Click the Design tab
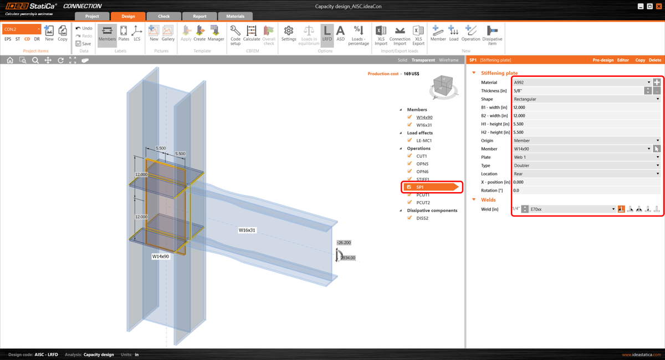128,16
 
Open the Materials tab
235,16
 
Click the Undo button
84,28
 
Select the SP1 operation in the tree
420,187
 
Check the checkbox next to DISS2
410,218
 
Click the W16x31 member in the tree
424,125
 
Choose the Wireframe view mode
448,60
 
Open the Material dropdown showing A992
582,83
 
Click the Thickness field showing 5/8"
576,91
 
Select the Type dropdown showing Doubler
585,166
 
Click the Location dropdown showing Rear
585,174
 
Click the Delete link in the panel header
654,60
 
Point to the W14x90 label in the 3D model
161,256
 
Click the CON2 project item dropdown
22,29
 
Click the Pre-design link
603,60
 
